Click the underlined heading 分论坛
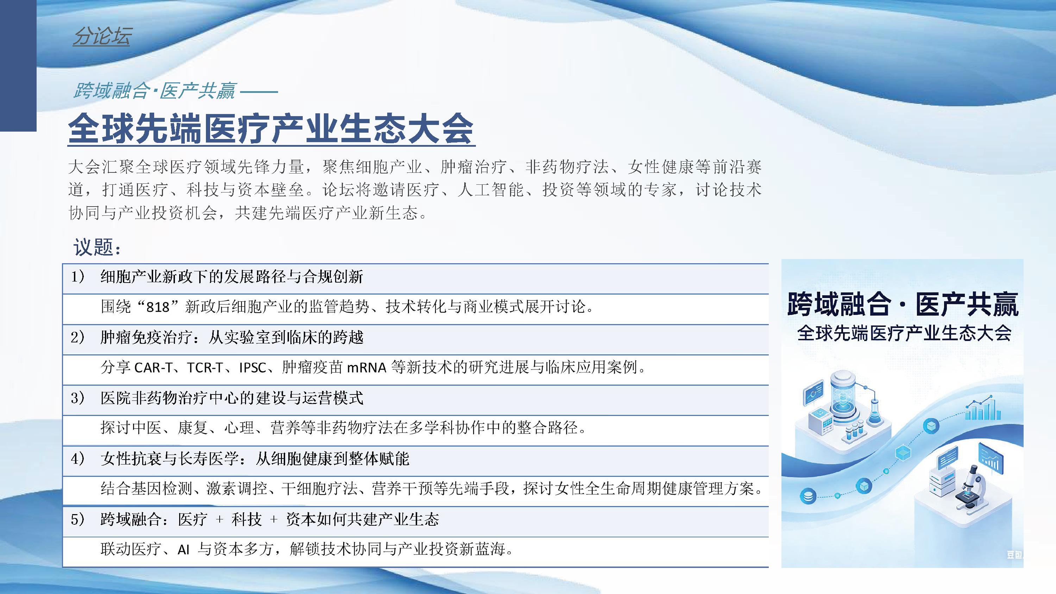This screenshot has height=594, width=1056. (102, 36)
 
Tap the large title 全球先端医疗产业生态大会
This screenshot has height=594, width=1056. (271, 128)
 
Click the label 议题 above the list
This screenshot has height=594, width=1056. (97, 247)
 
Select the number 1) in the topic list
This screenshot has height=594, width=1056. (77, 277)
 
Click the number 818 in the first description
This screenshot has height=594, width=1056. (158, 307)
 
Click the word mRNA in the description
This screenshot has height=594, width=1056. (366, 367)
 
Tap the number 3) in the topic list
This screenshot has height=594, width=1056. (77, 398)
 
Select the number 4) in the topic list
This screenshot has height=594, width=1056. (77, 458)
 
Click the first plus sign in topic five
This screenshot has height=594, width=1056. (219, 519)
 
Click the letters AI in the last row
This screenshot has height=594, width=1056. (183, 549)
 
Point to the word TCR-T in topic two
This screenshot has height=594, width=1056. (205, 367)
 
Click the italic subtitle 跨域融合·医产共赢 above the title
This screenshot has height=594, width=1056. (155, 90)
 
